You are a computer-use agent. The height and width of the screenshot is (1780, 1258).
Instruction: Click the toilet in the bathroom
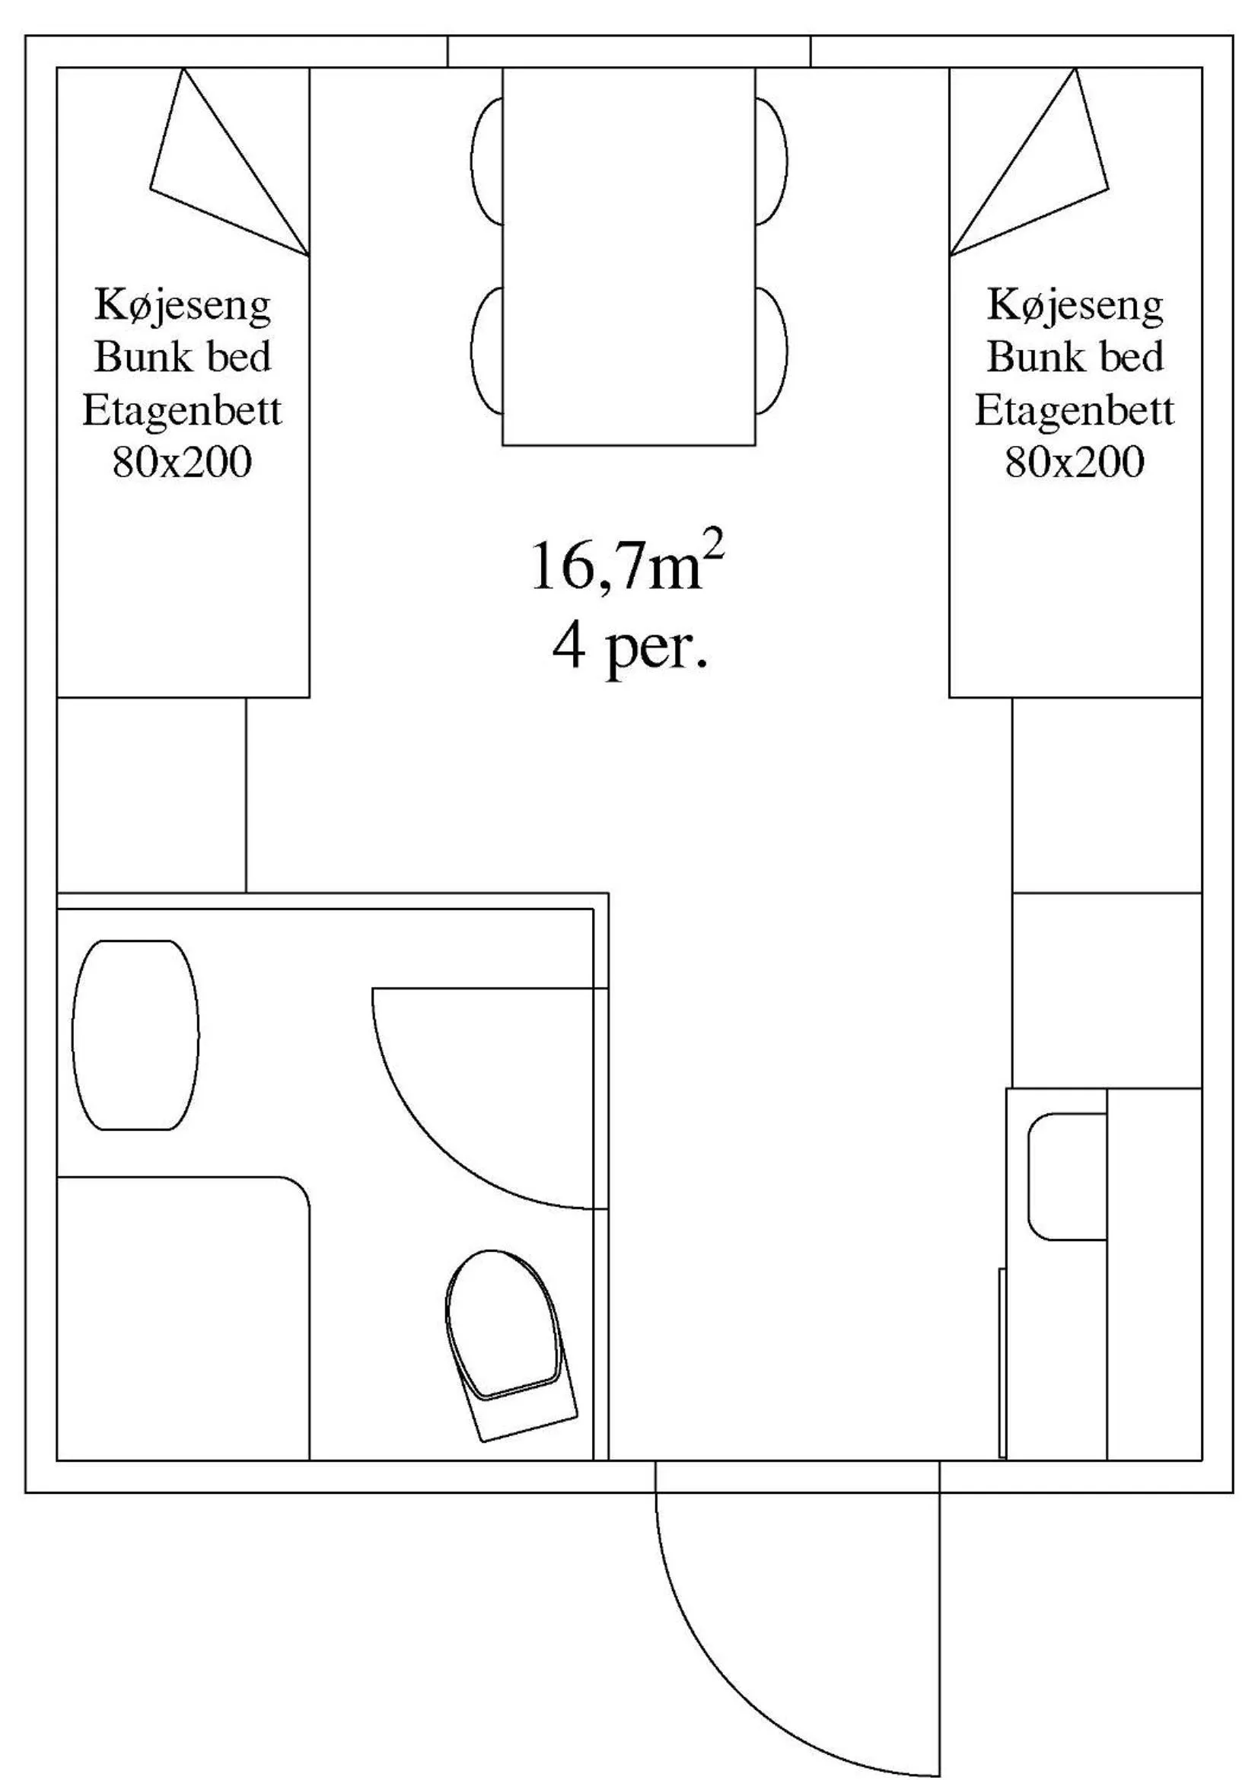(x=508, y=1330)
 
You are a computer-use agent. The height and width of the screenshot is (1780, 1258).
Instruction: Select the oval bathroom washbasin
(x=135, y=1034)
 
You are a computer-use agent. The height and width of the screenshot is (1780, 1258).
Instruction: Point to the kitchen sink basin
(x=1067, y=1176)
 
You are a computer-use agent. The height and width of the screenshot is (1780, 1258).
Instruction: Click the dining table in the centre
(x=629, y=256)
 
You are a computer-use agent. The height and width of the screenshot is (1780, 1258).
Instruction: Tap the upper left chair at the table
(x=487, y=161)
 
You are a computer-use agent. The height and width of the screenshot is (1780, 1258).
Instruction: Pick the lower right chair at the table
(x=771, y=350)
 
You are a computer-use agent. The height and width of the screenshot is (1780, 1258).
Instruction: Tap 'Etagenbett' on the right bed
(x=1075, y=410)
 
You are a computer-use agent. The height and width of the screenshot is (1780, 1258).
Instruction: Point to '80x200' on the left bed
(x=183, y=463)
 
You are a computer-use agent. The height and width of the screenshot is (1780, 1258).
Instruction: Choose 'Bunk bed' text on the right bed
(x=1075, y=358)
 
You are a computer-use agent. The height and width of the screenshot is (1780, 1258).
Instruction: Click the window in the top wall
(x=629, y=51)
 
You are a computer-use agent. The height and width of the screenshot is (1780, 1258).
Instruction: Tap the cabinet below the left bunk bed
(x=151, y=794)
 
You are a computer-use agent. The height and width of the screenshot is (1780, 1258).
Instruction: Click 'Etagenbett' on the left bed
(x=183, y=410)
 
